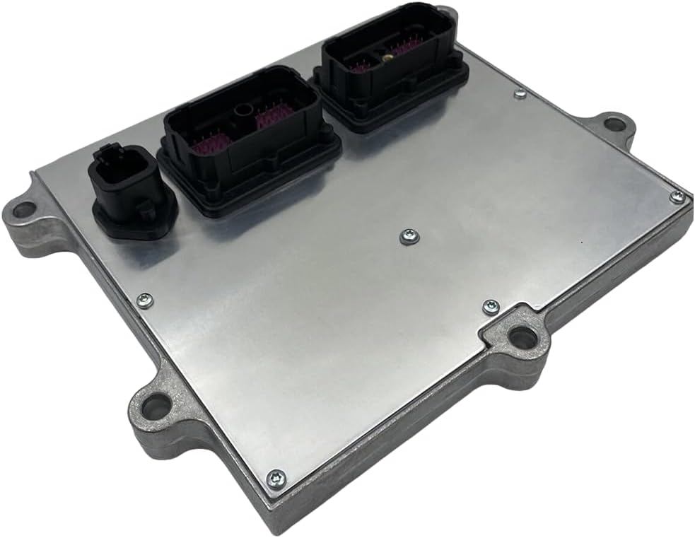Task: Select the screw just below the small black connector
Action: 143,300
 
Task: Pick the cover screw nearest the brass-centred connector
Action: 520,94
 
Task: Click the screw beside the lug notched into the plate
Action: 490,307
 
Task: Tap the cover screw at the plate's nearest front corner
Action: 275,478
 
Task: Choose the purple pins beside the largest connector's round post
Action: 269,120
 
